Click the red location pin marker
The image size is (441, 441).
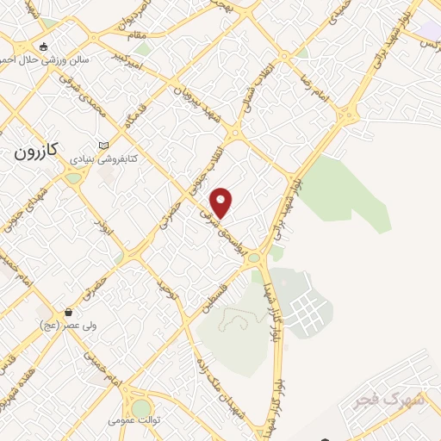222,202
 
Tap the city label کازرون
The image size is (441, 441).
37,152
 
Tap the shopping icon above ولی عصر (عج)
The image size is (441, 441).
67,312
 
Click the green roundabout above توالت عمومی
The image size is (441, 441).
140,407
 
